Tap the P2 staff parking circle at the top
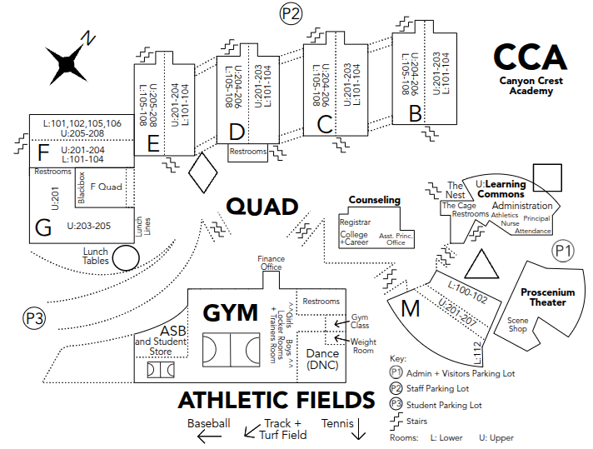point(292,12)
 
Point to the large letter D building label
point(237,131)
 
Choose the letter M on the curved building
point(410,308)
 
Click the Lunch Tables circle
point(126,258)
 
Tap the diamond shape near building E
point(203,173)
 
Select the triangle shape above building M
point(480,266)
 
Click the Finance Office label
point(271,263)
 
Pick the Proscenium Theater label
point(548,297)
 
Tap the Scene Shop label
point(518,324)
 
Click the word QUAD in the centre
point(262,207)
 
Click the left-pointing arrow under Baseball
point(203,434)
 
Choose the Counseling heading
point(374,200)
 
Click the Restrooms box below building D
point(248,152)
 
